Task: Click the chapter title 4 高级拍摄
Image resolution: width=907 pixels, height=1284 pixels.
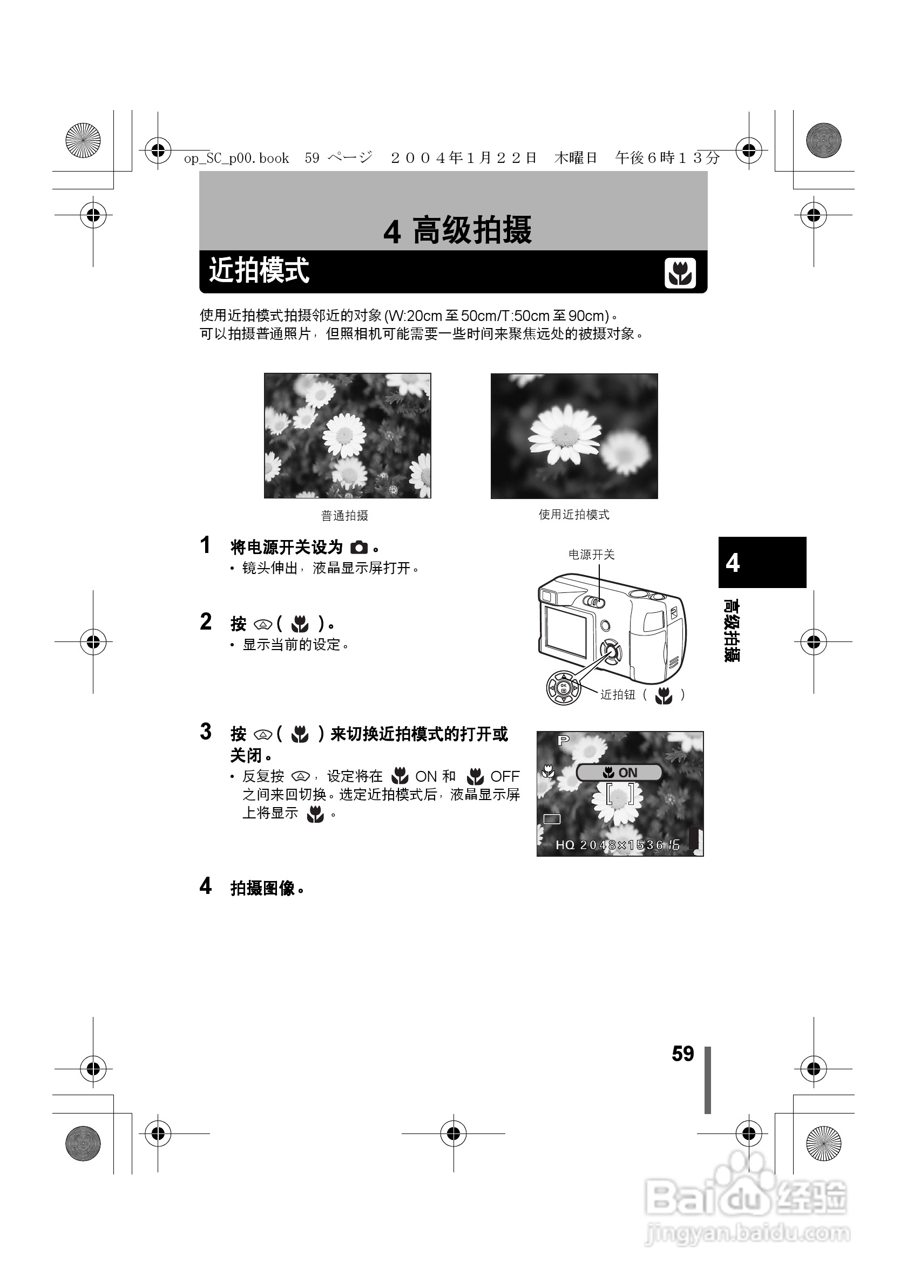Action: (457, 230)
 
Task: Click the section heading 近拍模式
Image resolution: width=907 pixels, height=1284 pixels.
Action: (259, 271)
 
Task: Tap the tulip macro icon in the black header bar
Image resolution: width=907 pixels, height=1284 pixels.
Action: (680, 273)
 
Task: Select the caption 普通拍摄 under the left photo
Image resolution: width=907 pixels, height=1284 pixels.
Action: (344, 516)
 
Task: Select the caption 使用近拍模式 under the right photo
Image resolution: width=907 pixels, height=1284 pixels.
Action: (573, 515)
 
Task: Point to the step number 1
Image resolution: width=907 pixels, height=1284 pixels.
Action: (205, 545)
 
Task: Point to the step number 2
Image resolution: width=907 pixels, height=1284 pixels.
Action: (206, 622)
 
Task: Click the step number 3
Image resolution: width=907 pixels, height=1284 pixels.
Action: (206, 732)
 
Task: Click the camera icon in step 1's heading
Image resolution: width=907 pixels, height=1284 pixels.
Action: (359, 548)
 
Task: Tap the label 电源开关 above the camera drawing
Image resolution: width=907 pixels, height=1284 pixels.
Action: (591, 554)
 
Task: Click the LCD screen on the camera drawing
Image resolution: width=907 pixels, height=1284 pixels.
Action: (566, 631)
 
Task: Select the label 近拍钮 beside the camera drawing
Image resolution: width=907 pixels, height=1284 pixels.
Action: (618, 694)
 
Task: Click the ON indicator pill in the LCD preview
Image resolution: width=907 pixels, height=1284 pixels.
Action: (619, 773)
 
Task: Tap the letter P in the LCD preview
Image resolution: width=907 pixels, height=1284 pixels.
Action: (563, 740)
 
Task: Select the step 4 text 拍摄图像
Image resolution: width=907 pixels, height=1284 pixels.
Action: (262, 889)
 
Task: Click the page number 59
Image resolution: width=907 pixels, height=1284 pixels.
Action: (682, 1054)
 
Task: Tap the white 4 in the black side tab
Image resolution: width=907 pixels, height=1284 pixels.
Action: (733, 563)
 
